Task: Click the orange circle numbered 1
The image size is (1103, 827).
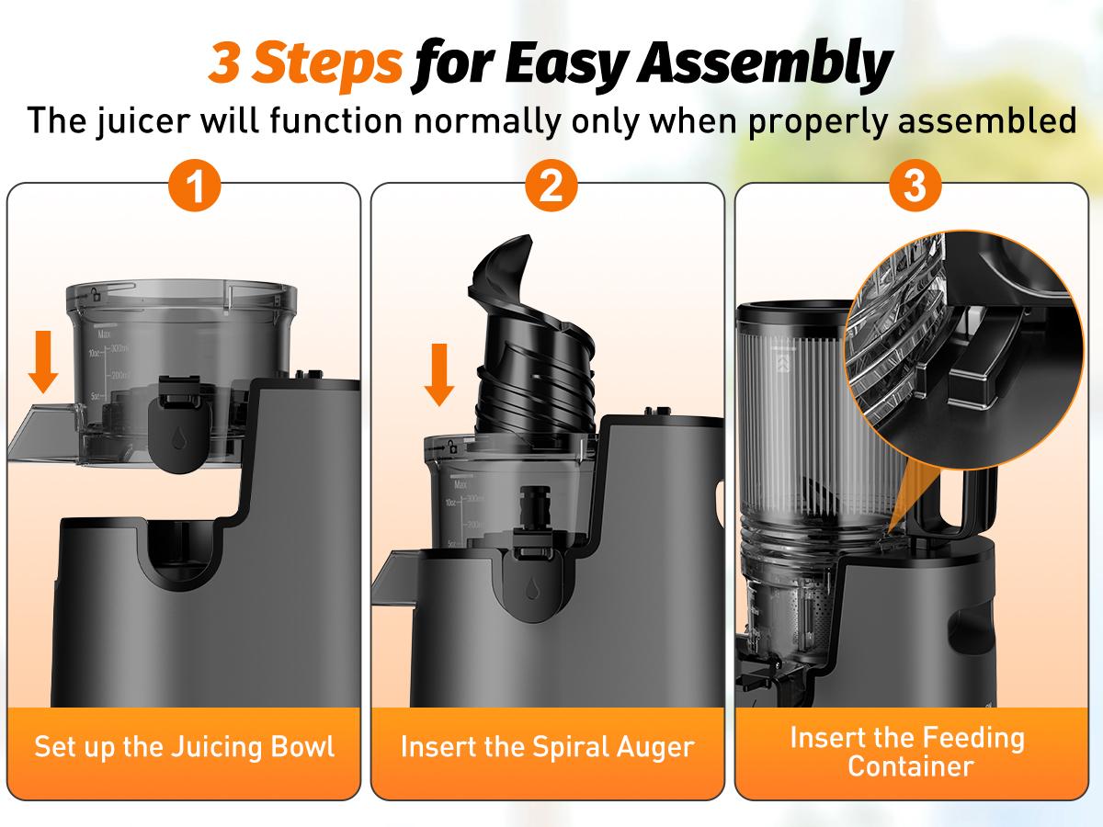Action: pyautogui.click(x=195, y=187)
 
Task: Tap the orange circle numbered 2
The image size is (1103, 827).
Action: pyautogui.click(x=551, y=187)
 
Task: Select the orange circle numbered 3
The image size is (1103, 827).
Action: pyautogui.click(x=915, y=187)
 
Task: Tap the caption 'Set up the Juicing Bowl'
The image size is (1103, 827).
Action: pyautogui.click(x=185, y=746)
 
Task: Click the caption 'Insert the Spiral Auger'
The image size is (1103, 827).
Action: pyautogui.click(x=547, y=746)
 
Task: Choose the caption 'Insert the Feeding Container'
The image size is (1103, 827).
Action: pyautogui.click(x=907, y=752)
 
